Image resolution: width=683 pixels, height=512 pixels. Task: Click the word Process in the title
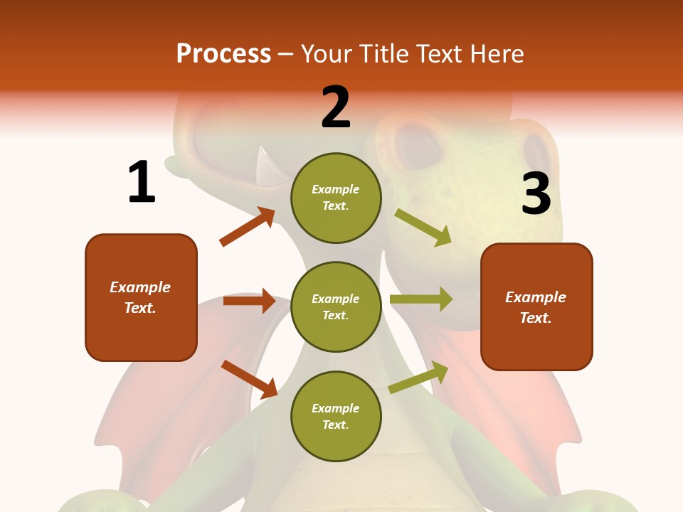coord(223,53)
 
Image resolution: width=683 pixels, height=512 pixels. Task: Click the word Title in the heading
coord(383,53)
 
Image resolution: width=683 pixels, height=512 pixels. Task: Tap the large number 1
coord(142,182)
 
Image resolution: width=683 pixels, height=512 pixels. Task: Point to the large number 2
coord(336,107)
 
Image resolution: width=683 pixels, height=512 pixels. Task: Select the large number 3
coord(536,194)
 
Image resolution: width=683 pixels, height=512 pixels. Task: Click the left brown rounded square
coord(141,297)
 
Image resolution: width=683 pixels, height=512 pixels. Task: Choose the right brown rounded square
coord(536,306)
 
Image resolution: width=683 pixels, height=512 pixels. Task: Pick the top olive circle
coord(336,198)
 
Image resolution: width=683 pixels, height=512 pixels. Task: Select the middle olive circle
coord(336,306)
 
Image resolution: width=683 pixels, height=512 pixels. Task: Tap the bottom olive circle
coord(336,416)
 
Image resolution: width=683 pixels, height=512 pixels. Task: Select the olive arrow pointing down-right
coord(423,227)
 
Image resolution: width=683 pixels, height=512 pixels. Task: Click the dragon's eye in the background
coord(419,145)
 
